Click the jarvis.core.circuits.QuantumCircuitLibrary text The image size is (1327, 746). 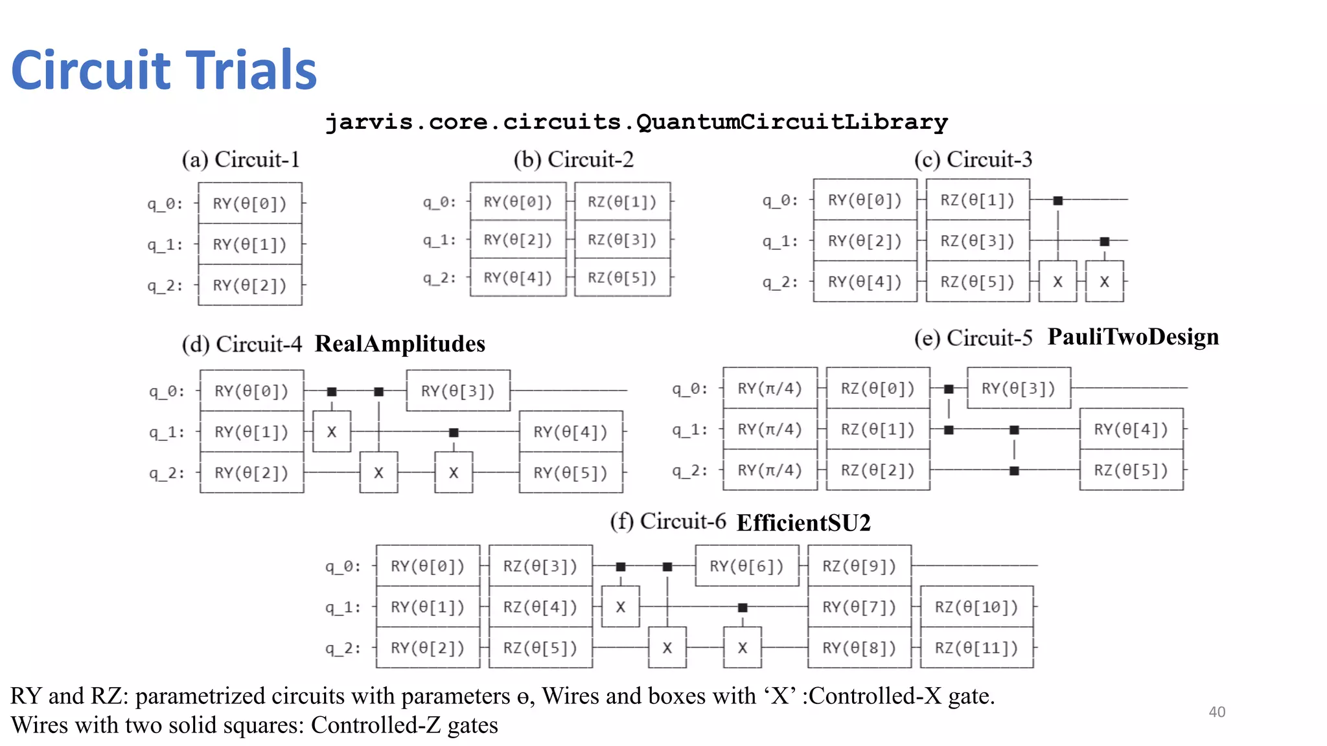[x=636, y=122]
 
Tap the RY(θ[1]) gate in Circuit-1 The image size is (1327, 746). [x=249, y=244]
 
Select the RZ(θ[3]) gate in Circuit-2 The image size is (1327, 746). [x=622, y=240]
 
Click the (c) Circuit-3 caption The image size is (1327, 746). [x=973, y=159]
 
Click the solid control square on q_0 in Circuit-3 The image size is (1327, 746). [x=1057, y=201]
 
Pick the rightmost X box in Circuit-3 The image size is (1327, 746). [x=1104, y=282]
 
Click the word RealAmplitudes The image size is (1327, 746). [x=400, y=343]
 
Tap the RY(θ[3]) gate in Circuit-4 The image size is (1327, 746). [x=457, y=390]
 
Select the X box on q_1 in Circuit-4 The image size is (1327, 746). [x=332, y=431]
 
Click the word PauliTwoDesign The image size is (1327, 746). [x=1133, y=337]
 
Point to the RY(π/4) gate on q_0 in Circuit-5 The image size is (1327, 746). [x=770, y=388]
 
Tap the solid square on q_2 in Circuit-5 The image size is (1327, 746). [x=1014, y=471]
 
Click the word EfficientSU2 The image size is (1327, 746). [x=803, y=523]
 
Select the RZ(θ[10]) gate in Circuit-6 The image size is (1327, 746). [x=976, y=607]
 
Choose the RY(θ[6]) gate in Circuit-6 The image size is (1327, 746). [x=746, y=566]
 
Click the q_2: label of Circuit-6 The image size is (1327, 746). [x=343, y=648]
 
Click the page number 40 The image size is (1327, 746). [x=1217, y=712]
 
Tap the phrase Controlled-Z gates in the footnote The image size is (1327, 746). [x=404, y=725]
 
